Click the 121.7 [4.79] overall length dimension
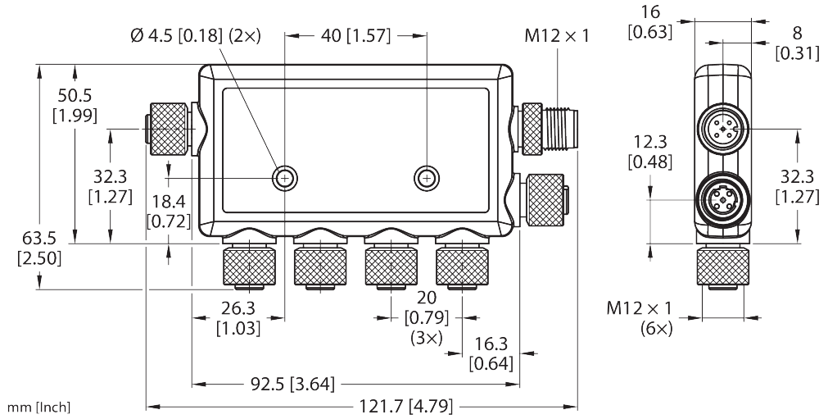(405, 406)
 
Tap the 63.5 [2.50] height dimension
(39, 248)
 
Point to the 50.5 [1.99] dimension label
(75, 105)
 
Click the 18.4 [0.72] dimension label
(169, 211)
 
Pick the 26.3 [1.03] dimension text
(238, 318)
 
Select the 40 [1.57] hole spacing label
(355, 36)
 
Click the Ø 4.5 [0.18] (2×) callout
(195, 36)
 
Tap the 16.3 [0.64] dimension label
(491, 353)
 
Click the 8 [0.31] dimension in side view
(797, 43)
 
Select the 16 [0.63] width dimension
(649, 20)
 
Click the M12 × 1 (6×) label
(640, 318)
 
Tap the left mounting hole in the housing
(284, 177)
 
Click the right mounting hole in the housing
(427, 177)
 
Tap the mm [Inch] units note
(38, 408)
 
